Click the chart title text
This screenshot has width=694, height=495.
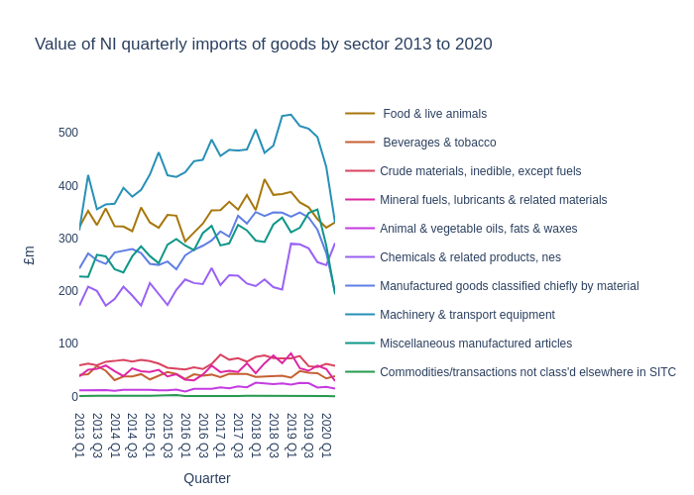click(x=263, y=45)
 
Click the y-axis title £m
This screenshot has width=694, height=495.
click(x=30, y=255)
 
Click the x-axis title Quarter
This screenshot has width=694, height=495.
click(x=206, y=478)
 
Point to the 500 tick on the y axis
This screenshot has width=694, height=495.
click(x=67, y=133)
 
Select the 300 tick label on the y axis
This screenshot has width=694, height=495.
click(x=67, y=239)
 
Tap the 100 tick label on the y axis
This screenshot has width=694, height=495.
click(x=67, y=344)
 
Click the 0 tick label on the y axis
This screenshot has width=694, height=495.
click(x=74, y=397)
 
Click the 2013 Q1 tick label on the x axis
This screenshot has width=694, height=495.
click(x=79, y=436)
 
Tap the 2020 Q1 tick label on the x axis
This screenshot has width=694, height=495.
click(x=326, y=436)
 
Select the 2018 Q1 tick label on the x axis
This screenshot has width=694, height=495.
click(x=256, y=436)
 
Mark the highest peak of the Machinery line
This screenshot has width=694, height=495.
click(x=290, y=115)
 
